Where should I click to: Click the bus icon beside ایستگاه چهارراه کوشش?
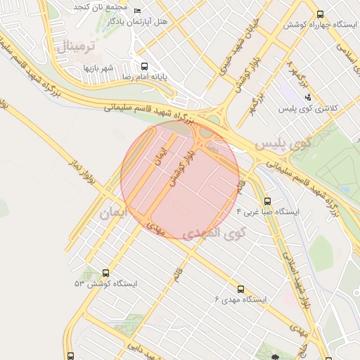(321, 13)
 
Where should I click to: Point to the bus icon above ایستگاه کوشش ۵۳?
(106, 273)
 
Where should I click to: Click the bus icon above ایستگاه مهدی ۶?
(240, 289)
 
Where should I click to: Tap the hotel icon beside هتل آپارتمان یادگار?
(137, 11)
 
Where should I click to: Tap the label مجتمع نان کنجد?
(103, 6)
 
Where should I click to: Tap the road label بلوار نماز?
(82, 174)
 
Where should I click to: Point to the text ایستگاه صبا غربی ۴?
(268, 211)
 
